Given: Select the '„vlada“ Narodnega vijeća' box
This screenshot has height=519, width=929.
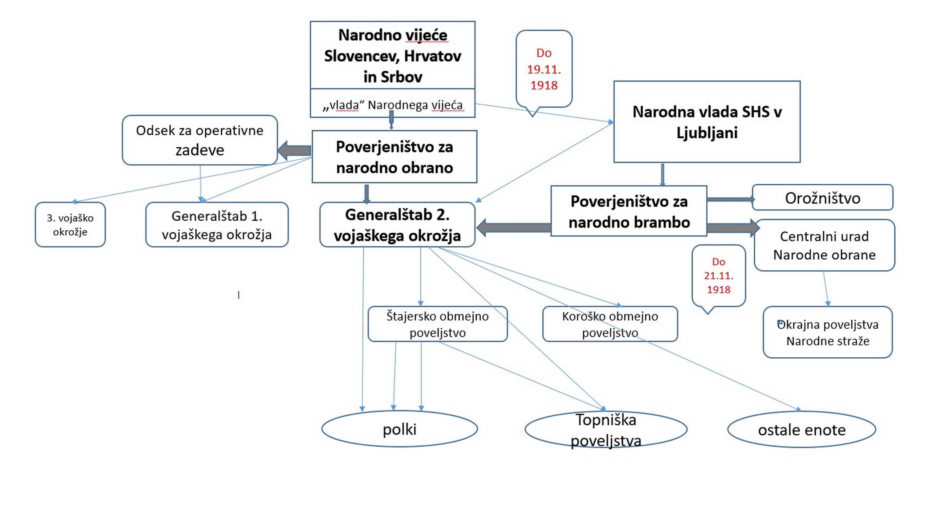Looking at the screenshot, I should pyautogui.click(x=392, y=105).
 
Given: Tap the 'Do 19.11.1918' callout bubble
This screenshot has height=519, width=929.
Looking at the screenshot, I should pyautogui.click(x=544, y=69).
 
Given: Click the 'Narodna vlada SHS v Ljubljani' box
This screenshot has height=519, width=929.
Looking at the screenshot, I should pyautogui.click(x=707, y=122).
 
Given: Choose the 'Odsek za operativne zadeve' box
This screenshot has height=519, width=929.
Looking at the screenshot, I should pyautogui.click(x=199, y=140).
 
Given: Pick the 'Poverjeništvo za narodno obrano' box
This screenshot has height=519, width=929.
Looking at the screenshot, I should pyautogui.click(x=394, y=157).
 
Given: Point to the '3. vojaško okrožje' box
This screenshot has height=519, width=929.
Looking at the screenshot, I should pyautogui.click(x=70, y=225).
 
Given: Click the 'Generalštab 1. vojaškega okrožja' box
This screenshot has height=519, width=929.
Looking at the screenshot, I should pyautogui.click(x=217, y=225).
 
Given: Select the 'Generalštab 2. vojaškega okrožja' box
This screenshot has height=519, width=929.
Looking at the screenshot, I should pyautogui.click(x=397, y=225).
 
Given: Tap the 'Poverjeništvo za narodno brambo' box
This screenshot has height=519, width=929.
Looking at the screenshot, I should pyautogui.click(x=629, y=211).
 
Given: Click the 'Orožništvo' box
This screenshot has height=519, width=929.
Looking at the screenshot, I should pyautogui.click(x=822, y=198).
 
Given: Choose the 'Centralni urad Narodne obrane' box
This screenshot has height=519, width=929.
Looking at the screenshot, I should pyautogui.click(x=824, y=245).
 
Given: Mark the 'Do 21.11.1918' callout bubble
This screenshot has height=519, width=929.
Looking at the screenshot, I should pyautogui.click(x=718, y=276).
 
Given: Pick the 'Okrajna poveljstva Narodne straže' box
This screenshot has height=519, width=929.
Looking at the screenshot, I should pyautogui.click(x=828, y=332).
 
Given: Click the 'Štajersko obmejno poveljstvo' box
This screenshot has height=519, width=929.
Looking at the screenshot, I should pyautogui.click(x=438, y=324).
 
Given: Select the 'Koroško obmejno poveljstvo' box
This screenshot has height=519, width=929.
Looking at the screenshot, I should pyautogui.click(x=610, y=324).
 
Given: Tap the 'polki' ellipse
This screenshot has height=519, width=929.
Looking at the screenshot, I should pyautogui.click(x=399, y=429).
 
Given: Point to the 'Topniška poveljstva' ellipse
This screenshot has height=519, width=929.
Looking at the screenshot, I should pyautogui.click(x=606, y=430).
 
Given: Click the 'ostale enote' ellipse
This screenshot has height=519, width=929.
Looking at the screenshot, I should pyautogui.click(x=801, y=430).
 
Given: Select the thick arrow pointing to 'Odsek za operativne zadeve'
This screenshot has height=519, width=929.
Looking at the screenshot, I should pyautogui.click(x=294, y=151).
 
